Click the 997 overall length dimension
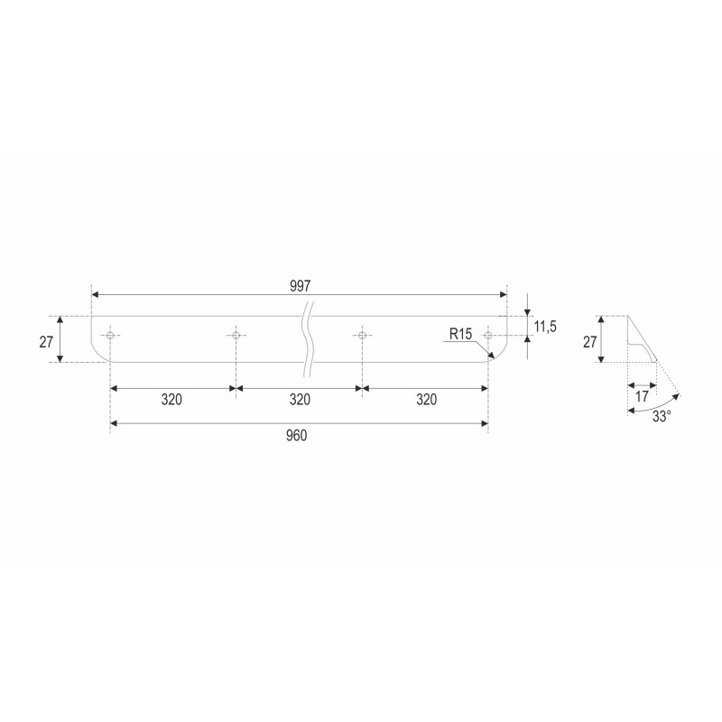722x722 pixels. coord(301,286)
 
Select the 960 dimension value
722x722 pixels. coord(296,435)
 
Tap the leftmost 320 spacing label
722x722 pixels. coord(171,399)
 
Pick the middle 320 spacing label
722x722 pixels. coord(300,399)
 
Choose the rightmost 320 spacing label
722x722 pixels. coord(426,399)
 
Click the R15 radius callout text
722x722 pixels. coord(460,334)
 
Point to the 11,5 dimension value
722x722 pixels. coord(545,327)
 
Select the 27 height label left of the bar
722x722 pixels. coord(46,342)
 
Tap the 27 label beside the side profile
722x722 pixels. coord(590,342)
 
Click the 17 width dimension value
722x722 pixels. coord(642,396)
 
